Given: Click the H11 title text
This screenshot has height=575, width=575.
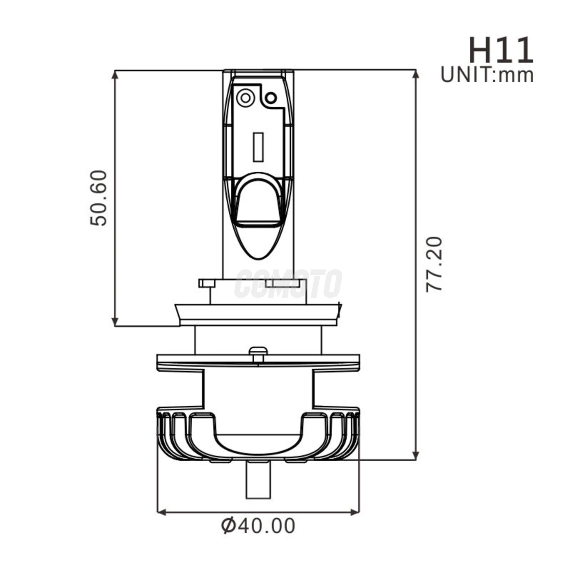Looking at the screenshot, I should click(501, 51).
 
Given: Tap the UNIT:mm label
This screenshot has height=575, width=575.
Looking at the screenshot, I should click(487, 75).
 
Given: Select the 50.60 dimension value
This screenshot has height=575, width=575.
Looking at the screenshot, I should click(99, 198).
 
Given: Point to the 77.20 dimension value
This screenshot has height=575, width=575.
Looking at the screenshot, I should click(434, 264).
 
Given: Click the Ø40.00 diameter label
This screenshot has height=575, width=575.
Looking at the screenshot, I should click(258, 526).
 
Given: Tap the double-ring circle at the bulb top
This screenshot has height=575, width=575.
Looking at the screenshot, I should click(245, 98).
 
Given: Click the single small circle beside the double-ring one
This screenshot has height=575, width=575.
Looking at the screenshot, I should click(271, 98).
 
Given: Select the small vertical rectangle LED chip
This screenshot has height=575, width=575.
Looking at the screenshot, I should click(258, 147).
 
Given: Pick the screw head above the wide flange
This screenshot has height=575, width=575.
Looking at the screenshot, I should click(258, 350).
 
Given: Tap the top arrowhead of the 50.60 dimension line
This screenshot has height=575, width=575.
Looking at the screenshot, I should click(115, 74).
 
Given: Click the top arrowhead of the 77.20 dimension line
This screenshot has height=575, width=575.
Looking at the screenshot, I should click(416, 74).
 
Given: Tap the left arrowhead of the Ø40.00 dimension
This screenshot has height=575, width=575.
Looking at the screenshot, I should click(161, 512).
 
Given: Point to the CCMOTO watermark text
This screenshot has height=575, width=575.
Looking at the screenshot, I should click(288, 283).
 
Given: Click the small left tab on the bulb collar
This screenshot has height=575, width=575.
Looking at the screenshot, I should click(207, 283).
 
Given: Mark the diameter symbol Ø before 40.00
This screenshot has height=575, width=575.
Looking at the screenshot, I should click(228, 526).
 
